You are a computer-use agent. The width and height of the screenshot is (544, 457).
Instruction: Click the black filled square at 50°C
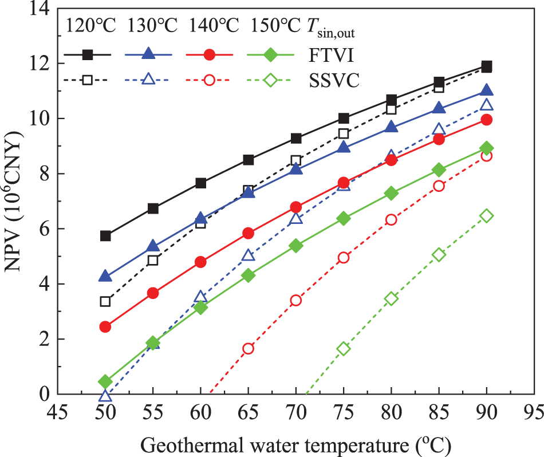tap(105, 236)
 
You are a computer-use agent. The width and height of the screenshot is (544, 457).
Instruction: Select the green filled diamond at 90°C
tap(487, 148)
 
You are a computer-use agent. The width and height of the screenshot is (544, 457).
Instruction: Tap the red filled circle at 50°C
tap(105, 326)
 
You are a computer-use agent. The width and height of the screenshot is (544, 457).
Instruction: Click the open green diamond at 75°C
tap(344, 348)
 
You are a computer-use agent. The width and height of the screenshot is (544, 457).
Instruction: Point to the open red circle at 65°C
tap(248, 348)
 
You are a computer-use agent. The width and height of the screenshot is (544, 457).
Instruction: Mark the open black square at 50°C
tap(105, 301)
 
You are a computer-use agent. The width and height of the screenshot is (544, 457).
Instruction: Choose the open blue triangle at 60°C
tap(200, 296)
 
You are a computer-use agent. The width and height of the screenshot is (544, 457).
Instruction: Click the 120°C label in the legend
tap(90, 26)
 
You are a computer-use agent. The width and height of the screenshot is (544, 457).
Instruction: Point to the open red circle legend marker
tap(209, 80)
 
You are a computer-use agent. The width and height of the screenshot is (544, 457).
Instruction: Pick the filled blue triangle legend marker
tap(148, 54)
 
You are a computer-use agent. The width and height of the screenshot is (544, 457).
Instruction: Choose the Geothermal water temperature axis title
tap(295, 444)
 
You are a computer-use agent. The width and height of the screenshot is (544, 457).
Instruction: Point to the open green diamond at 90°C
tap(487, 215)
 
